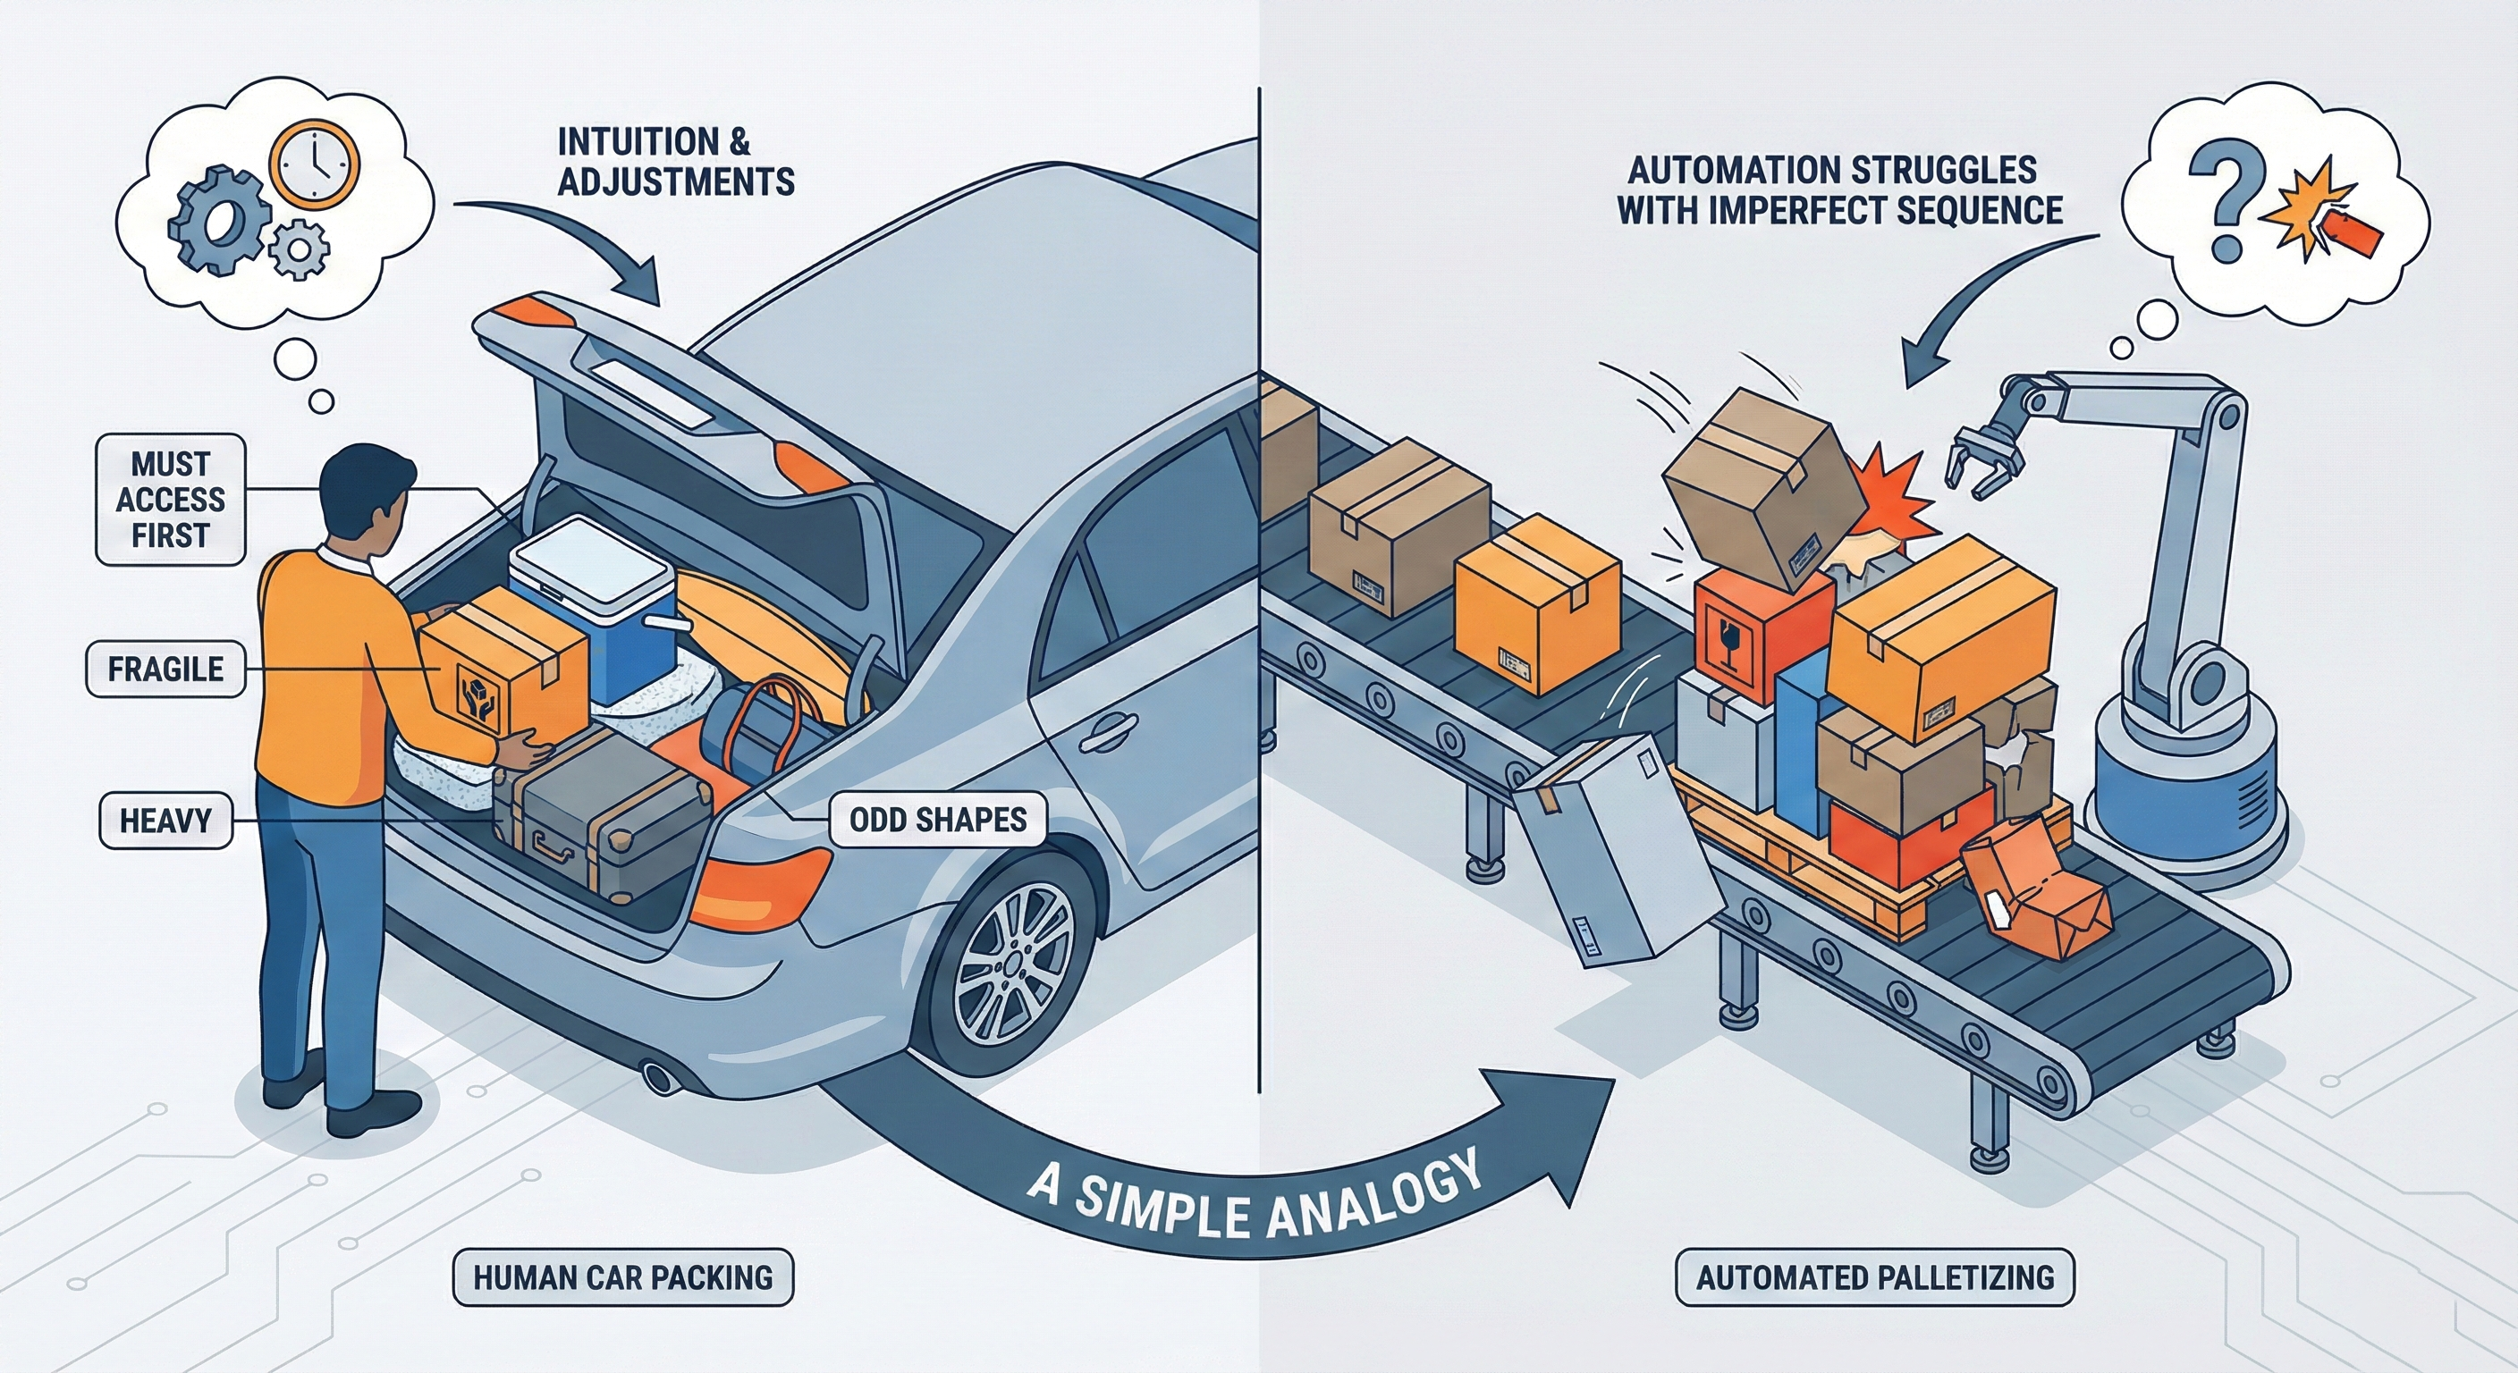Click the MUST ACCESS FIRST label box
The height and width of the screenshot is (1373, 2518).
tap(170, 500)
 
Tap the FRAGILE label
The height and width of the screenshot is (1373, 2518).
tap(165, 670)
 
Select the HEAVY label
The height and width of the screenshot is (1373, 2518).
tap(165, 820)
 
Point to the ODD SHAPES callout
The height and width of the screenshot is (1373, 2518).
tap(937, 819)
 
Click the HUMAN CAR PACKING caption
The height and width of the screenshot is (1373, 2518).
tap(622, 1277)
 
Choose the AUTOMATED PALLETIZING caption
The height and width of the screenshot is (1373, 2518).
tap(1874, 1277)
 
